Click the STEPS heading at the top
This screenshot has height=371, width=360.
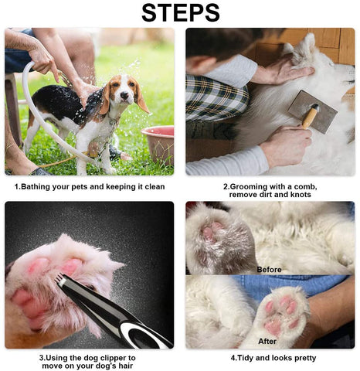pos(180,12)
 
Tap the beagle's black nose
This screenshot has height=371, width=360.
pos(124,96)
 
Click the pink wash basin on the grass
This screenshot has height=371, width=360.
pos(158,144)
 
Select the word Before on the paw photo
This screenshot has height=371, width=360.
pos(269,270)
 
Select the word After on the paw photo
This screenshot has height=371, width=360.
pos(267,341)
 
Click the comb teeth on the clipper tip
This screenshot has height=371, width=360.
pos(59,279)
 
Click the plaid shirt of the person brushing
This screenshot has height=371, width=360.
pos(216,99)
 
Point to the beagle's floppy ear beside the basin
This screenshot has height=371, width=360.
pos(141,96)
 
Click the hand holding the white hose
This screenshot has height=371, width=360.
pos(42,59)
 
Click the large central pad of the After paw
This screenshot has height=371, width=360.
pos(274,325)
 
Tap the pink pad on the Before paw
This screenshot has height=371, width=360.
pos(211,230)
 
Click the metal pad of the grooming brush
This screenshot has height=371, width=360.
pos(312,112)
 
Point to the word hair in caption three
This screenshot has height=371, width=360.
pos(126,366)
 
